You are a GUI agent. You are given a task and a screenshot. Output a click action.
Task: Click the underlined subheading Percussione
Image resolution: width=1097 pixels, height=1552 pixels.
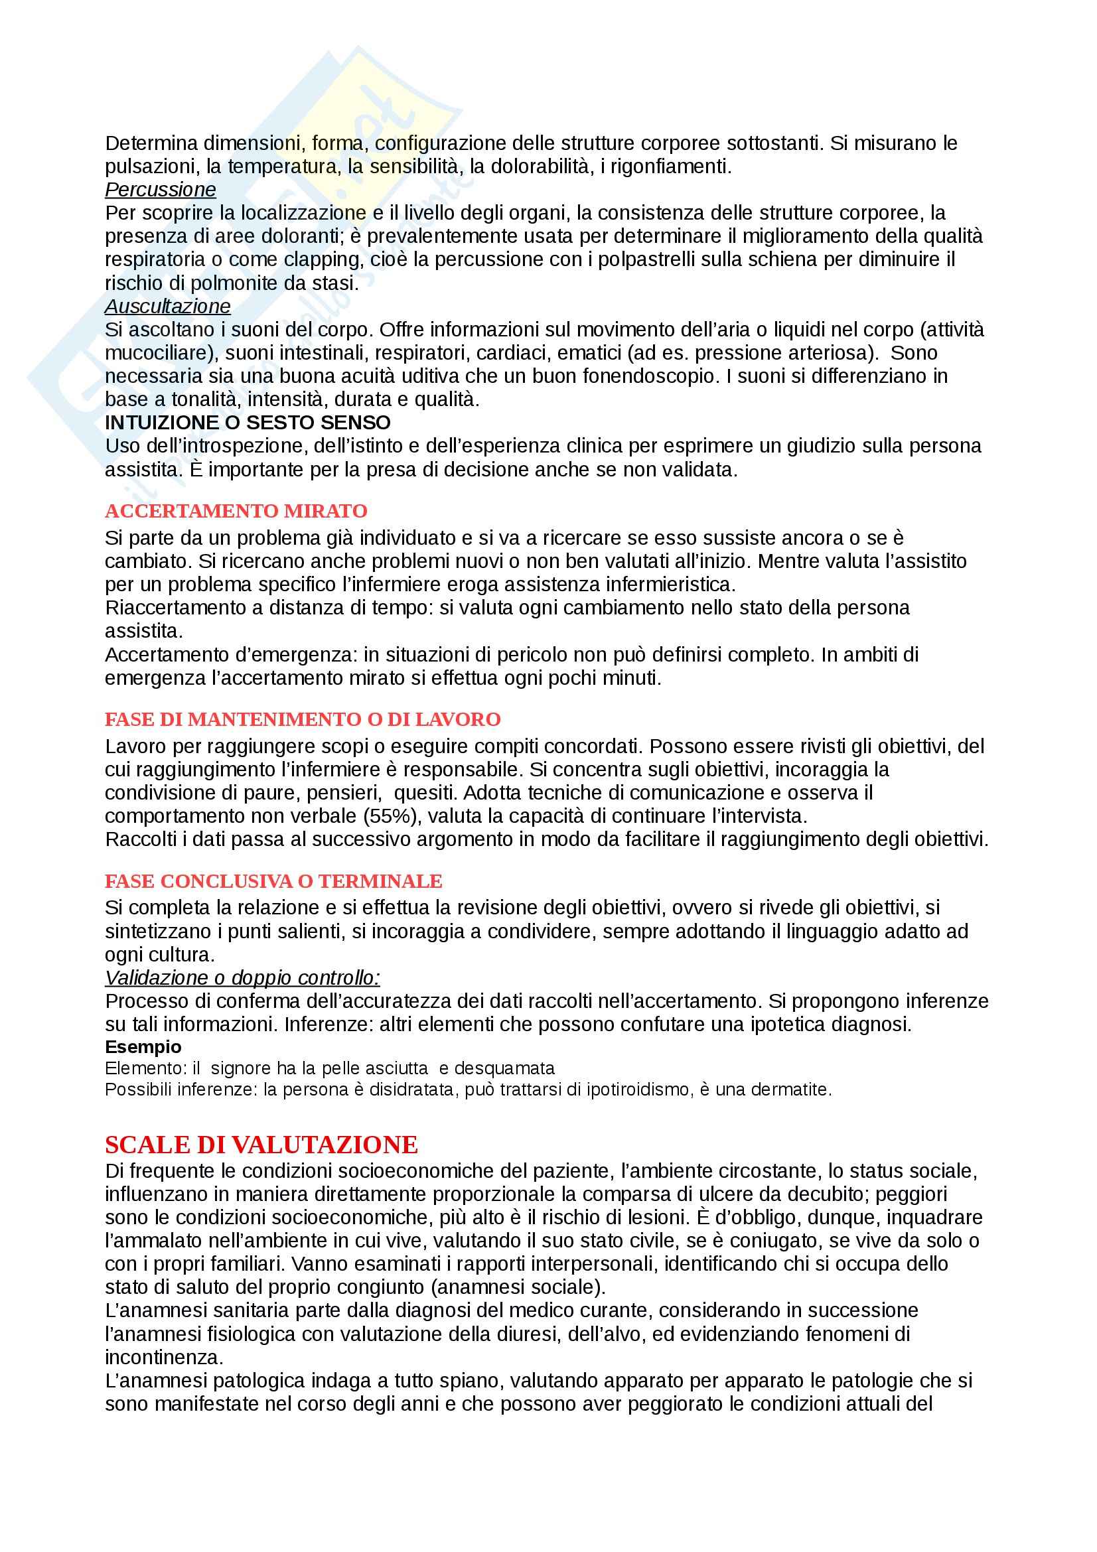click(160, 189)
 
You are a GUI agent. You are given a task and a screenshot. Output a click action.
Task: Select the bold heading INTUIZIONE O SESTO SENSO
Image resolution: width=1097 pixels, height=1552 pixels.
click(248, 423)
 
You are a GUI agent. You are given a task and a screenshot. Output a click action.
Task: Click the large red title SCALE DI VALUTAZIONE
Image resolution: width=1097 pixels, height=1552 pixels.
click(261, 1145)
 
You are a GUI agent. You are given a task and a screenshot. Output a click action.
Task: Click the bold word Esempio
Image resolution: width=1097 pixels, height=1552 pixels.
click(143, 1047)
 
